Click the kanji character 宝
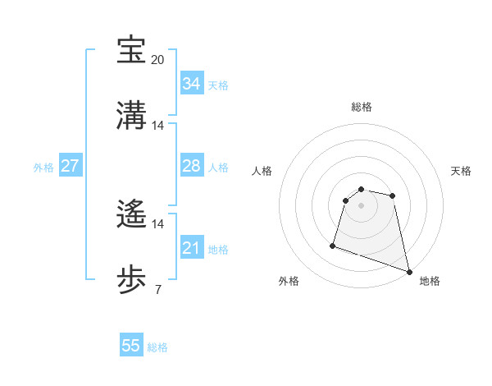131,50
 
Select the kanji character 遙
131,214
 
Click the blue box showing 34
191,84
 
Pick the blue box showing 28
191,166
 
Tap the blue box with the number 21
191,248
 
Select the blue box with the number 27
70,166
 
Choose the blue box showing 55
131,346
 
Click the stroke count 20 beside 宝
158,60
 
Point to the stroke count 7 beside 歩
158,289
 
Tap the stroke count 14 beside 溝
158,126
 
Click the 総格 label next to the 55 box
157,347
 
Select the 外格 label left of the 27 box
43,167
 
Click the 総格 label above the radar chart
362,107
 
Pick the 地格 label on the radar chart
430,281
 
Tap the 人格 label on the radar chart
262,171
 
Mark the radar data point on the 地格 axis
408,272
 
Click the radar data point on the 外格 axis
333,245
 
